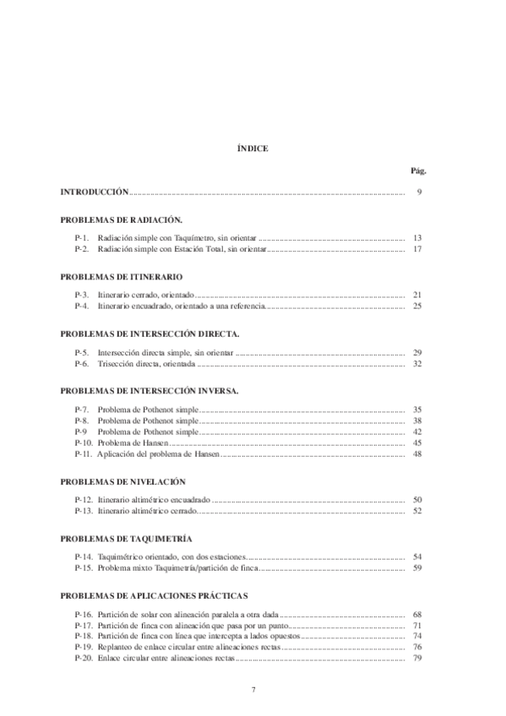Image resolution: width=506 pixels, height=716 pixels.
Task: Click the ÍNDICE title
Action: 253,148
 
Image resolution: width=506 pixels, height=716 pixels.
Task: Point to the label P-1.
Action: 82,238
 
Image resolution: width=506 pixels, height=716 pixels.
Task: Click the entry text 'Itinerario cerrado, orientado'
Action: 146,295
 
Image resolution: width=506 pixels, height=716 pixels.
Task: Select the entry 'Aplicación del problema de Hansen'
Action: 159,454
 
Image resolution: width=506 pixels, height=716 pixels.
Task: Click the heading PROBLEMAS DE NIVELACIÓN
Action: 123,481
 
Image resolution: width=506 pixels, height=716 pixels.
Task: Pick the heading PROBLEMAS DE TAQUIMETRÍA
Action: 127,539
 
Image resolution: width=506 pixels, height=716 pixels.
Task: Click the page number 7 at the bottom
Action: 253,690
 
